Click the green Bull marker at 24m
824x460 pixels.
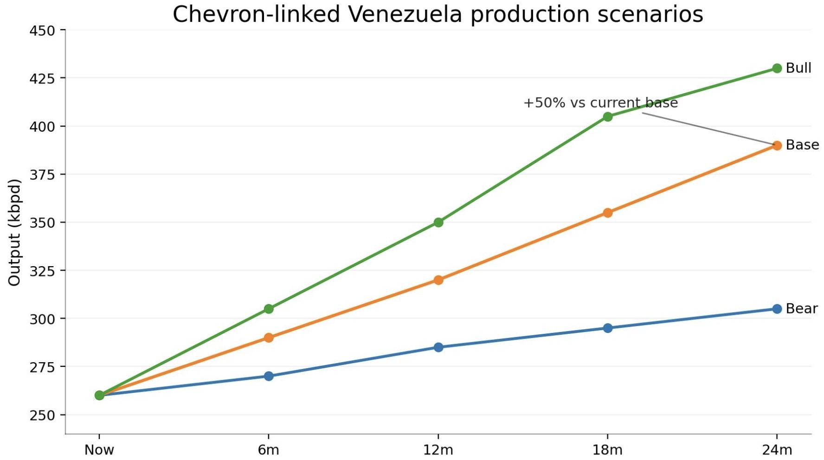(x=777, y=69)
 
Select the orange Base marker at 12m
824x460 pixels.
(x=438, y=280)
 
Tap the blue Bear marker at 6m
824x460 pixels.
(x=269, y=376)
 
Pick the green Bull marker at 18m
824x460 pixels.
(x=607, y=117)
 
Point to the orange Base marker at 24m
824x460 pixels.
(x=777, y=146)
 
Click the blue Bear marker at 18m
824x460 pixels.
(x=607, y=328)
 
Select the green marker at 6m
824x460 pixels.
(x=269, y=309)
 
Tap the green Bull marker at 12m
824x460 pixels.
(x=438, y=223)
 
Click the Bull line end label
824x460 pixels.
(x=798, y=68)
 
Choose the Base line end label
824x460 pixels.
(x=802, y=145)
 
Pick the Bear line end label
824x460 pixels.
(x=801, y=309)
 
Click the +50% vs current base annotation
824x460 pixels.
(x=600, y=103)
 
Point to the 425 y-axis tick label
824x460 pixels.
(x=42, y=78)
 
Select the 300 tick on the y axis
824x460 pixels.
(x=42, y=319)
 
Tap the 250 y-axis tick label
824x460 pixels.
(x=42, y=415)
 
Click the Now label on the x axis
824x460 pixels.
(x=99, y=450)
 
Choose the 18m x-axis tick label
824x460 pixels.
(x=607, y=450)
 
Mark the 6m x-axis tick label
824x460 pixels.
(x=269, y=450)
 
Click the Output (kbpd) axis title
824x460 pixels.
(x=14, y=232)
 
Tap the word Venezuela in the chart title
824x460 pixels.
(x=405, y=14)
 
